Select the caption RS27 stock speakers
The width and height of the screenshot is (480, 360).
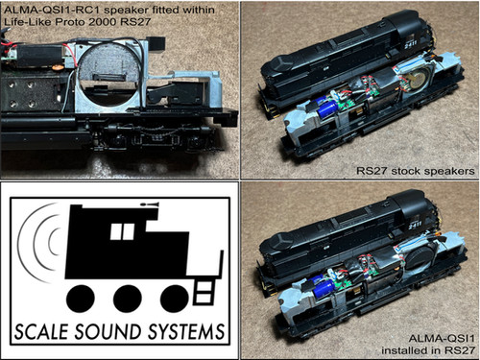pyautogui.click(x=416, y=171)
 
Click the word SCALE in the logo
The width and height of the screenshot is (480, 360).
pyautogui.click(x=41, y=331)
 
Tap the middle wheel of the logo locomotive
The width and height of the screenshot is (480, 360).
pyautogui.click(x=127, y=299)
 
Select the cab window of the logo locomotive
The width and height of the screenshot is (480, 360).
pyautogui.click(x=122, y=231)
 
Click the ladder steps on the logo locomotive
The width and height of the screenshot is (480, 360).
pyautogui.click(x=204, y=292)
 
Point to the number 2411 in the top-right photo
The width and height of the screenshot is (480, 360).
pyautogui.click(x=411, y=43)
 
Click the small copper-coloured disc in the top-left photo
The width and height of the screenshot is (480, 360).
pyautogui.click(x=57, y=67)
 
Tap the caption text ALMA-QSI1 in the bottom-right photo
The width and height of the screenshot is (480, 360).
pyautogui.click(x=442, y=338)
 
